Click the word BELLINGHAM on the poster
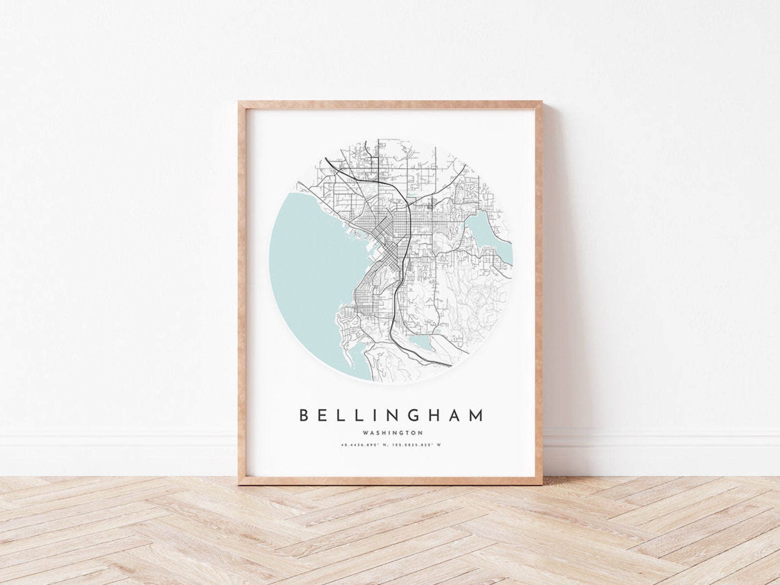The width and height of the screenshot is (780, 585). click(391, 415)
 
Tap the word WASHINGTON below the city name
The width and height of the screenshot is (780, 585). click(392, 433)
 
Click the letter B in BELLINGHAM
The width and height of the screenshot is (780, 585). click(304, 415)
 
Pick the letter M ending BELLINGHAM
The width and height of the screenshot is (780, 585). click(475, 415)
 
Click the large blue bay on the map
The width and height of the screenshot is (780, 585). click(309, 265)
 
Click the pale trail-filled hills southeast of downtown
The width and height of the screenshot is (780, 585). click(472, 305)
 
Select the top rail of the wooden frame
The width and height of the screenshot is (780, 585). click(390, 105)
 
